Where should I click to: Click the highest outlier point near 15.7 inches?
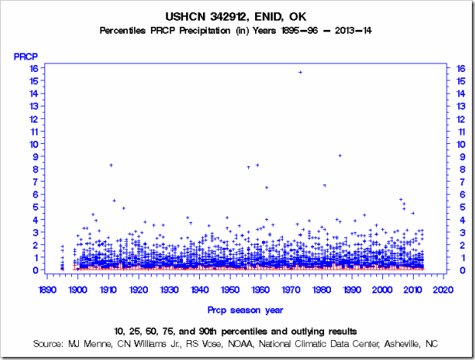click(x=300, y=72)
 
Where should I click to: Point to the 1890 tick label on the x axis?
click(x=46, y=290)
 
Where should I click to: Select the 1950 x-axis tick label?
click(x=230, y=290)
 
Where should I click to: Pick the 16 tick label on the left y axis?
click(x=34, y=67)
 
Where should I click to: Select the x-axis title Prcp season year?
click(x=244, y=309)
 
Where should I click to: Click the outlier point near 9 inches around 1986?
click(x=340, y=155)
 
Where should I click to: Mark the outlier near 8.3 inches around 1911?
click(x=111, y=165)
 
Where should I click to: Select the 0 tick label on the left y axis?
click(x=35, y=270)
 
